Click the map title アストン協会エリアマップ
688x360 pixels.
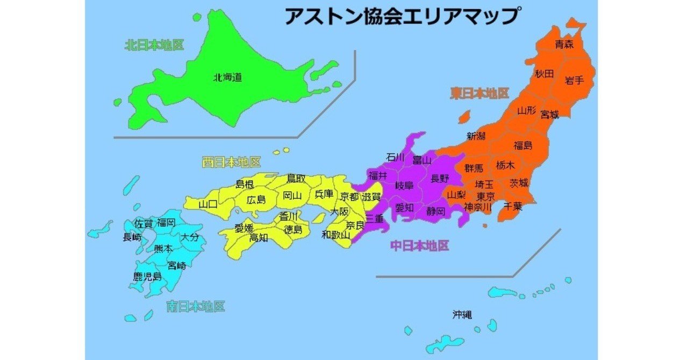[x=402, y=16]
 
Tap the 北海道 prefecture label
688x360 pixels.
[x=227, y=78]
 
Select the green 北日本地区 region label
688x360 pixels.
[x=154, y=45]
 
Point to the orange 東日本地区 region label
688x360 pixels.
[x=479, y=93]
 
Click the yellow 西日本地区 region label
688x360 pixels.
[x=232, y=162]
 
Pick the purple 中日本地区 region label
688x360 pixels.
[x=419, y=246]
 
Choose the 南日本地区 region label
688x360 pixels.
[x=195, y=307]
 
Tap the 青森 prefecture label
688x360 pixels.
[x=565, y=45]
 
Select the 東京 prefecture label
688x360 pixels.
[x=485, y=197]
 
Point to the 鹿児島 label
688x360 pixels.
[x=147, y=277]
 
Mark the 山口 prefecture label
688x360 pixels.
[x=208, y=204]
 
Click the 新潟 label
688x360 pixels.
[x=476, y=136]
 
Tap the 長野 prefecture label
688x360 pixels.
[x=439, y=178]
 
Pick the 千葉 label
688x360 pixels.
[x=513, y=206]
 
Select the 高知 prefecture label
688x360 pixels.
[x=259, y=237]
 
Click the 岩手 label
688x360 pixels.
[x=574, y=81]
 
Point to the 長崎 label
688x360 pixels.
[x=132, y=237]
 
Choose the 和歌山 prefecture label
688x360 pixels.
[x=336, y=234]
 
